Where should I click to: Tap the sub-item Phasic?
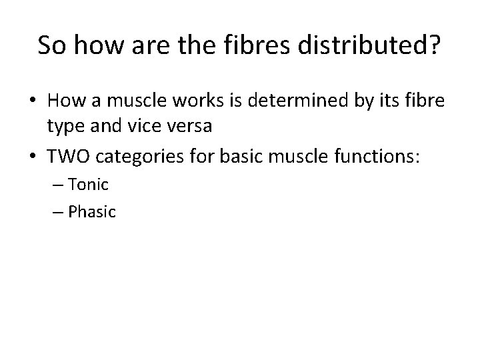[93, 212]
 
